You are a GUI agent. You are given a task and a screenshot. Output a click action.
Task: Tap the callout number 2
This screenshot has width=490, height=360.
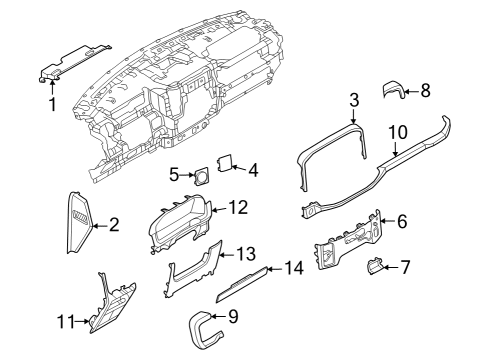(113, 225)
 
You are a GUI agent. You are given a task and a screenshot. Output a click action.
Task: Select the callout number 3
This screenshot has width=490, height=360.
(353, 100)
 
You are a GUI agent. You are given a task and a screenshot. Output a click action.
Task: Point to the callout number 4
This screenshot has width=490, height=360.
(252, 170)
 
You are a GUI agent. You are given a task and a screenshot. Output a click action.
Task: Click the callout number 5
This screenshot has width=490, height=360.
(173, 175)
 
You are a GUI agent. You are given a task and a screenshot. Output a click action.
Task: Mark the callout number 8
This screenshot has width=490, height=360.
(424, 90)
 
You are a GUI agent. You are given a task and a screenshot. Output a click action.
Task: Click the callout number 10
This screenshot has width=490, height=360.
(397, 131)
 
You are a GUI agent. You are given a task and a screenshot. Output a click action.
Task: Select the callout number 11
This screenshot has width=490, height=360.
(65, 321)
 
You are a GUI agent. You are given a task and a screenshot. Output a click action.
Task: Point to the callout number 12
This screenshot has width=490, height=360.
(237, 207)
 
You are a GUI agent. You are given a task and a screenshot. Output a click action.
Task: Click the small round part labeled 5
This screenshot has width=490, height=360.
(201, 176)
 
